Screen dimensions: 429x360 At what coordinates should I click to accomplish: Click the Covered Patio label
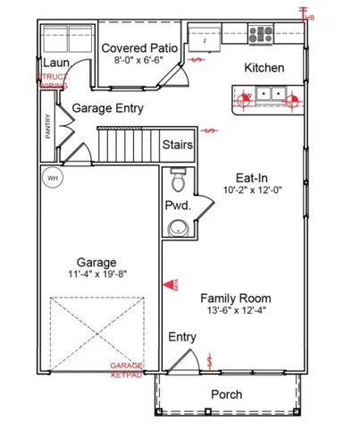138,47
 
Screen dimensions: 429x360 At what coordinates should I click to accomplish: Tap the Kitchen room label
264,68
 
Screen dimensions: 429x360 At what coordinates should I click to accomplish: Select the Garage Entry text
108,107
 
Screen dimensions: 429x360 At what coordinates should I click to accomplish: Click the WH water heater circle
52,177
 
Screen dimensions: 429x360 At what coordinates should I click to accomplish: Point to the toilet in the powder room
178,182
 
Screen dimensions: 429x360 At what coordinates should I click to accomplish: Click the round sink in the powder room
182,226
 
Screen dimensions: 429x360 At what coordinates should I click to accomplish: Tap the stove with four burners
260,36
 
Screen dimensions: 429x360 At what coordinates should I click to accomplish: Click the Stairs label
180,145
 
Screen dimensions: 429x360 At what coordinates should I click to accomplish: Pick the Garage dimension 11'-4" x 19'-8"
98,274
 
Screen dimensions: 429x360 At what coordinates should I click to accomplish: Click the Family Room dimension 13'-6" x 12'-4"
235,311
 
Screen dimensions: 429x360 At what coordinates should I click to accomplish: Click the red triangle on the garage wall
166,285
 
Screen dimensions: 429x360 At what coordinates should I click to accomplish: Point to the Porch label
226,394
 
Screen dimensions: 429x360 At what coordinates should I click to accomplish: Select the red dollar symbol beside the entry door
210,362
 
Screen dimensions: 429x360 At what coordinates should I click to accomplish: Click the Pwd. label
175,205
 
